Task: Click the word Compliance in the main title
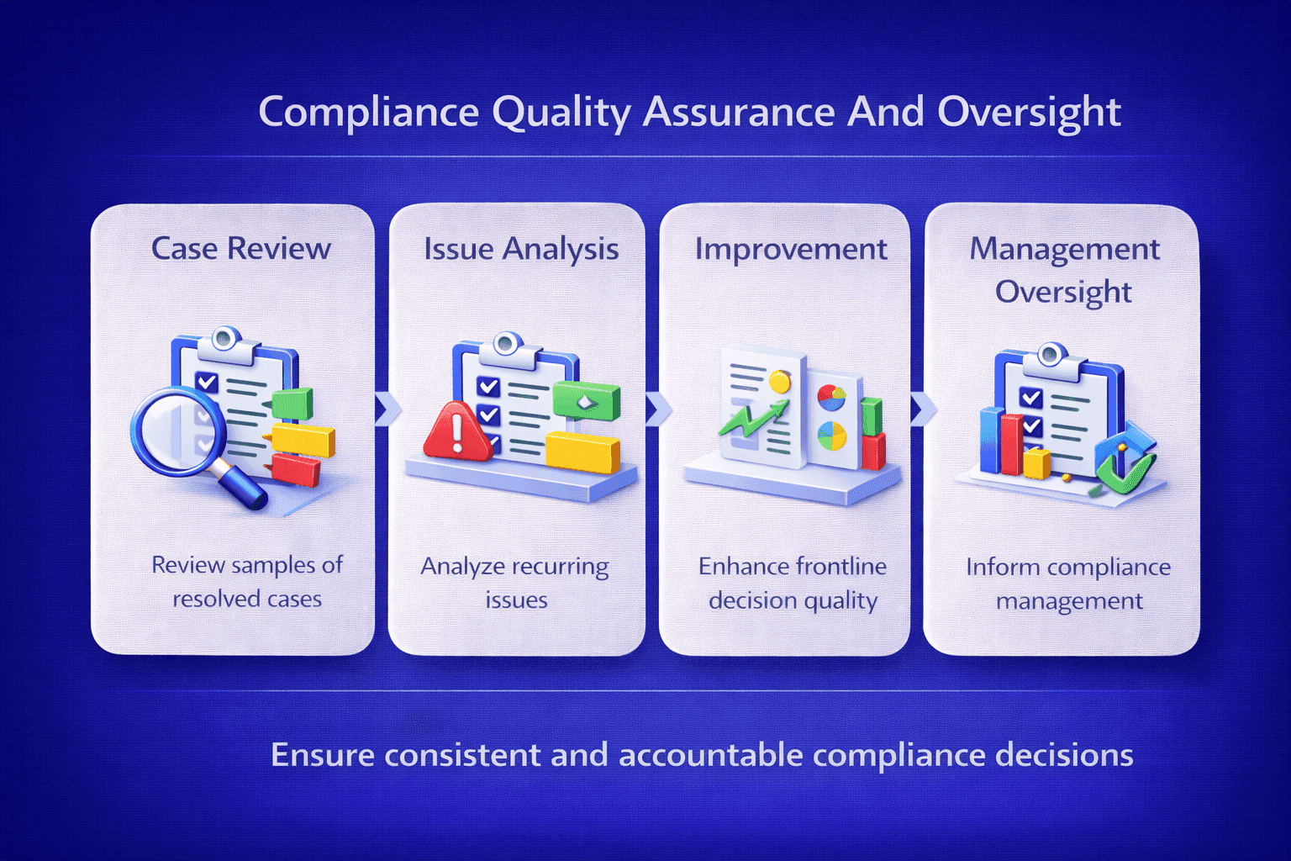(x=368, y=112)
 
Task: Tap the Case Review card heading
(x=241, y=249)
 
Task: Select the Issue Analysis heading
(x=521, y=249)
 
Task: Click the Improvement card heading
(x=791, y=249)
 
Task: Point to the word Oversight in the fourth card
(x=1063, y=292)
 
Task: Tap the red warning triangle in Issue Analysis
(x=456, y=431)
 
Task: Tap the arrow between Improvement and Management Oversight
(x=921, y=409)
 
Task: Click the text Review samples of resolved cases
(x=247, y=581)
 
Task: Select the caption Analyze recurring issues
(x=515, y=582)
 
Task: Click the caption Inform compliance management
(x=1068, y=584)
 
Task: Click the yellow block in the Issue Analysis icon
(x=582, y=452)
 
